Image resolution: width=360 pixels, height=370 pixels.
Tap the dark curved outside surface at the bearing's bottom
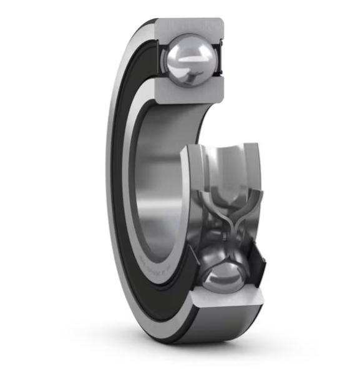pyautogui.click(x=187, y=334)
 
